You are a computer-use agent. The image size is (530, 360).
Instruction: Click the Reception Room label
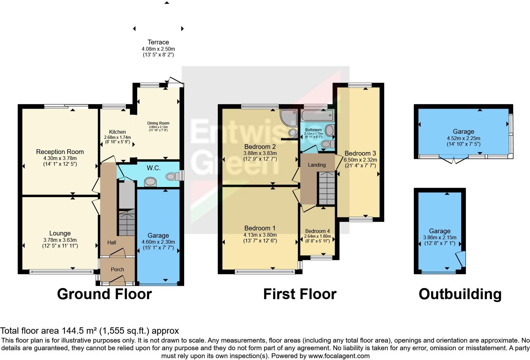click(60, 152)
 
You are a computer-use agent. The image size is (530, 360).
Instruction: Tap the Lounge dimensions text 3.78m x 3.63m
click(60, 240)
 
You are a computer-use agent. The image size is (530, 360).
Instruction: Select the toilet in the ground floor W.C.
click(171, 176)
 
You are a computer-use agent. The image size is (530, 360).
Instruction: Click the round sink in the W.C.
click(150, 182)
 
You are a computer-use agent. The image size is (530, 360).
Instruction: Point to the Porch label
click(117, 269)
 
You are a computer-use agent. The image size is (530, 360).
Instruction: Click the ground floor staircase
click(126, 223)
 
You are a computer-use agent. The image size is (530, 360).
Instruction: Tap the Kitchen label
click(117, 132)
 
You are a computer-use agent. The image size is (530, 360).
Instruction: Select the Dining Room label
click(158, 123)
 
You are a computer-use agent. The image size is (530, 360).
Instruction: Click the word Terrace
click(158, 42)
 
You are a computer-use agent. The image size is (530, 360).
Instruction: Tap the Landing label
click(317, 165)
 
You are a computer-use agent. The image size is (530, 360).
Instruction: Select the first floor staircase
click(326, 189)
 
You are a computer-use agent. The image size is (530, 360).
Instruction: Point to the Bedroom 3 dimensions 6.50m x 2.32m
click(360, 160)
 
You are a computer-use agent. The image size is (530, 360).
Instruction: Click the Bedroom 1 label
click(260, 228)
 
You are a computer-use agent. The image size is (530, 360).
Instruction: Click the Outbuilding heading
click(460, 294)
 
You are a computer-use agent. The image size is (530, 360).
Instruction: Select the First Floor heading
click(300, 294)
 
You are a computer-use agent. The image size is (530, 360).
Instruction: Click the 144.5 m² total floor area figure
click(81, 331)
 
